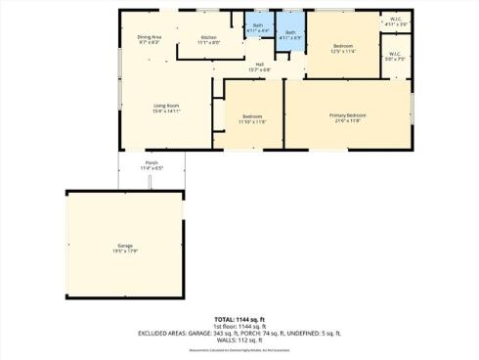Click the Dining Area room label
click(x=149, y=37)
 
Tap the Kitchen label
click(x=209, y=37)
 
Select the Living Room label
click(x=165, y=105)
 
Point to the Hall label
click(x=260, y=64)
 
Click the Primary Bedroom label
click(x=347, y=115)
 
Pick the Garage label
click(x=125, y=245)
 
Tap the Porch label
click(x=152, y=162)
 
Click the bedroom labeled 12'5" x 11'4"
click(x=342, y=46)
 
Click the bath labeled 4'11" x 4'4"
click(x=258, y=25)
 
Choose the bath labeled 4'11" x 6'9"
click(x=290, y=33)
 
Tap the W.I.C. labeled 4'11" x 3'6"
click(x=395, y=18)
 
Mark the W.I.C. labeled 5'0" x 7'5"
click(x=394, y=54)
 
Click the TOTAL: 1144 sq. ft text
click(x=239, y=319)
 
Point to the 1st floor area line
click(x=239, y=326)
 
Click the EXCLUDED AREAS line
click(x=239, y=333)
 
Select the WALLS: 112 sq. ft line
click(x=239, y=339)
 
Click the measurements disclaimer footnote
click(x=239, y=348)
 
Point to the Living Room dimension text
click(x=165, y=111)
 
